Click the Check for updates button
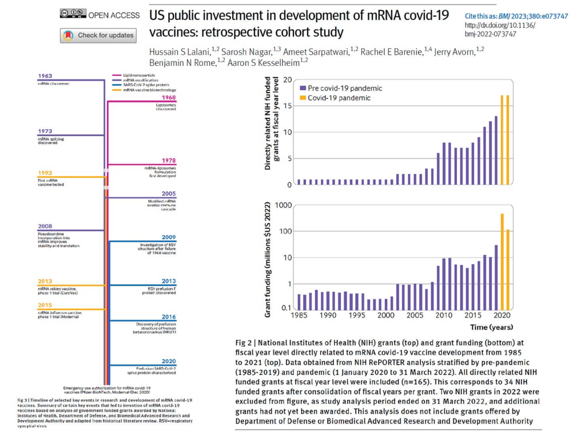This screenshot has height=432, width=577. pos(97,35)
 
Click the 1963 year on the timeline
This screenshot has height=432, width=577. pos(45,75)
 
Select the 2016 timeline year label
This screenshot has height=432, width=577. pos(168,318)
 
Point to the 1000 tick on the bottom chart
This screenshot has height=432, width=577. pos(283,205)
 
